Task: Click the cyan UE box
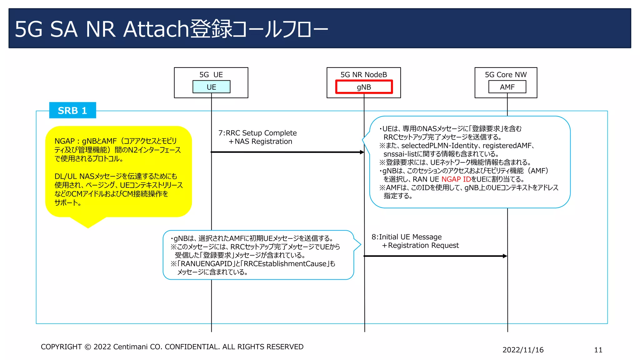pyautogui.click(x=211, y=87)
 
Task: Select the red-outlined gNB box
pyautogui.click(x=364, y=87)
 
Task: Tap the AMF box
pyautogui.click(x=507, y=87)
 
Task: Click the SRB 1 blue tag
pyautogui.click(x=72, y=110)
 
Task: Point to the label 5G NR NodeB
pyautogui.click(x=364, y=75)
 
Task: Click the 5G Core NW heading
pyautogui.click(x=506, y=75)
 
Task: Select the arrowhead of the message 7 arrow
pyautogui.click(x=362, y=152)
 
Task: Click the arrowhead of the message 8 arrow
pyautogui.click(x=505, y=256)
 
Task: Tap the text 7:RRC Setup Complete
pyautogui.click(x=257, y=133)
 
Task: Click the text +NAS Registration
pyautogui.click(x=260, y=142)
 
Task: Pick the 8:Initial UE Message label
pyautogui.click(x=407, y=237)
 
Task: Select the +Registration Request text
pyautogui.click(x=420, y=245)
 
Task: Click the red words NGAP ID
pyautogui.click(x=456, y=179)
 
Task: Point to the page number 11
pyautogui.click(x=598, y=350)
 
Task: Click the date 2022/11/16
pyautogui.click(x=523, y=350)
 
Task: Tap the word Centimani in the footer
pyautogui.click(x=130, y=347)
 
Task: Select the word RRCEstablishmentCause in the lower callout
pyautogui.click(x=285, y=264)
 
